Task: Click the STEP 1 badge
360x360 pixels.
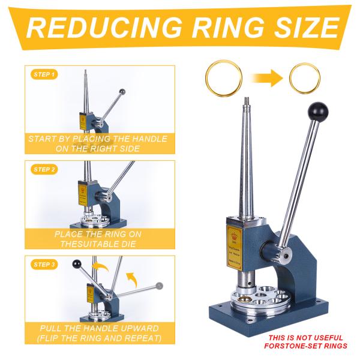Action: click(x=43, y=75)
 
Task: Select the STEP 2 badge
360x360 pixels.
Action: click(x=43, y=170)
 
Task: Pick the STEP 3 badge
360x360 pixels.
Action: click(x=43, y=265)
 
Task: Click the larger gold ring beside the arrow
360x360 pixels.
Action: click(x=223, y=77)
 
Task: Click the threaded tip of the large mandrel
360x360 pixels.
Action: click(x=246, y=101)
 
